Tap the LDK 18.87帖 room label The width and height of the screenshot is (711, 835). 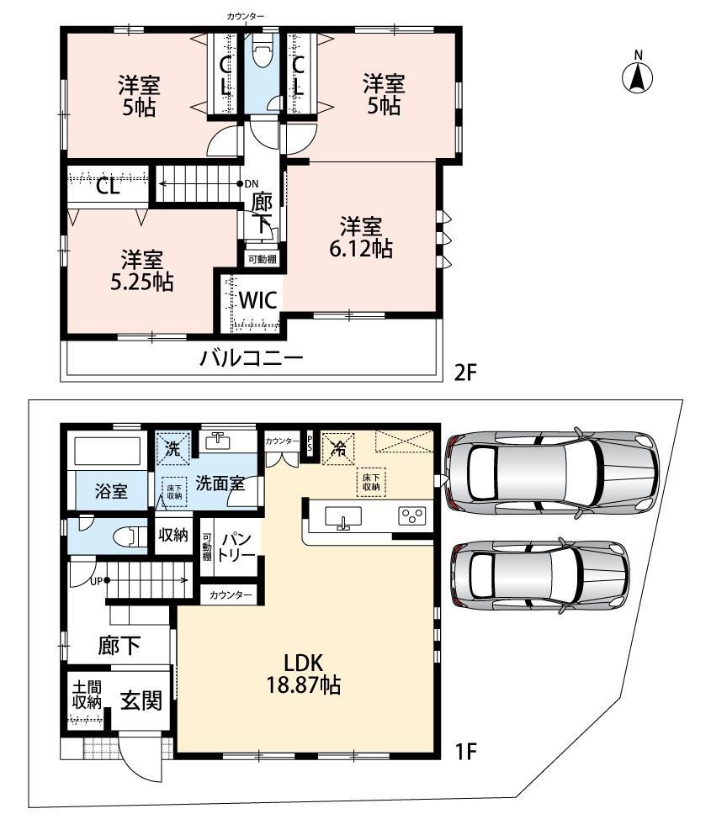[303, 673]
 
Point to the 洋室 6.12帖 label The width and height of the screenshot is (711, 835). [361, 237]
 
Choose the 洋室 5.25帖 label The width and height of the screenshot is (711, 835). [141, 270]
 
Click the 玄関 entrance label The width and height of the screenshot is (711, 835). [140, 700]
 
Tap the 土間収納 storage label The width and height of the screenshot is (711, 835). [86, 695]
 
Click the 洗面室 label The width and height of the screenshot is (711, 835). [220, 484]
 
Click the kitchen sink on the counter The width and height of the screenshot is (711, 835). [342, 517]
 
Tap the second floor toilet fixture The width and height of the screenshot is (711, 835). [261, 55]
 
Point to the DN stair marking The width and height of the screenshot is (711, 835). [252, 183]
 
